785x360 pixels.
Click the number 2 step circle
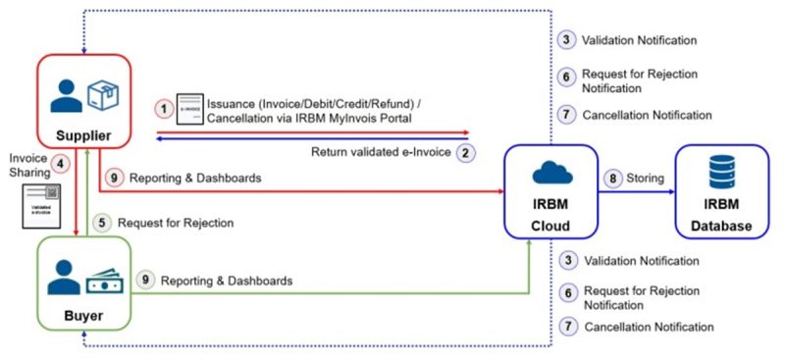click(x=467, y=152)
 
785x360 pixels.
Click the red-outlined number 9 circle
click(x=114, y=178)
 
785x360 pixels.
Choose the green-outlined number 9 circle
click(x=143, y=281)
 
